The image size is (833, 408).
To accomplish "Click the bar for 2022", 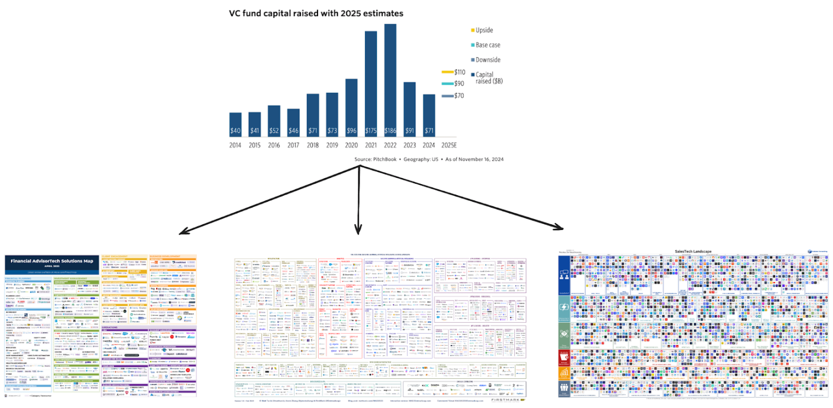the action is tap(390, 80).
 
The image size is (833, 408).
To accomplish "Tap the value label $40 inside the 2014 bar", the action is tap(235, 131).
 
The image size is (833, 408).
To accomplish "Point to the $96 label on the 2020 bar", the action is tap(351, 131).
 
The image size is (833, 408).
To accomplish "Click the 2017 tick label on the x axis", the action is tap(293, 145).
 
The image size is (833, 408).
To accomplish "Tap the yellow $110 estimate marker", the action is tap(447, 72).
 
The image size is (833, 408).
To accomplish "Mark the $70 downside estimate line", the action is tap(447, 96).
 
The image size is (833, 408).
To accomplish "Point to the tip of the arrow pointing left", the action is tap(180, 233).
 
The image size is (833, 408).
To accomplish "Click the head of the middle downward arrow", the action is tap(359, 232).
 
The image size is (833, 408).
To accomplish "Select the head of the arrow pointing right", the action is tap(562, 228).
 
